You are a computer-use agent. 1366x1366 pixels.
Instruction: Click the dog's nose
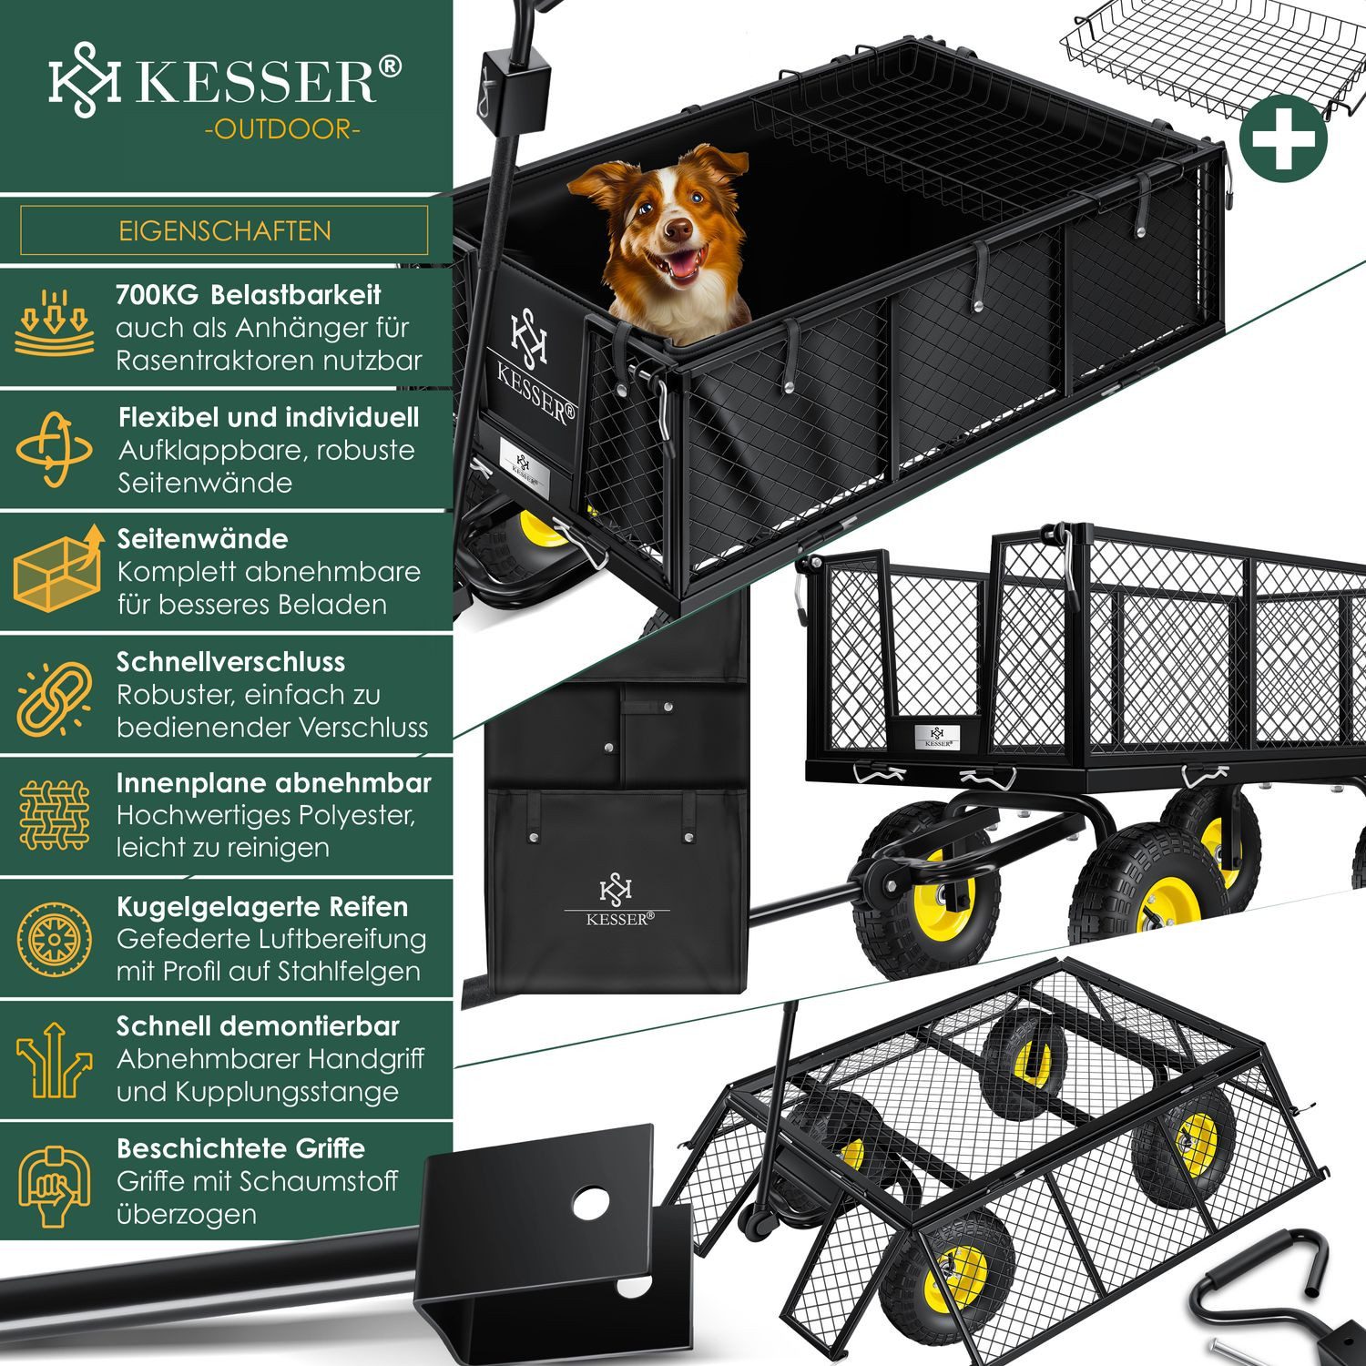coord(677,229)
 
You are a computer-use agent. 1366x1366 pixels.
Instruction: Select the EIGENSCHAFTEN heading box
coord(224,230)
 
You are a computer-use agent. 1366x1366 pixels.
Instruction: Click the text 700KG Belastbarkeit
coord(248,295)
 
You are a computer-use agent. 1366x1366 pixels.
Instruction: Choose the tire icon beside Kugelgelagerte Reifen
coord(55,938)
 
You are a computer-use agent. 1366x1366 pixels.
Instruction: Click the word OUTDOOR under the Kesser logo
coord(282,129)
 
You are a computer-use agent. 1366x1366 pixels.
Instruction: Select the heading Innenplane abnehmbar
coord(273,783)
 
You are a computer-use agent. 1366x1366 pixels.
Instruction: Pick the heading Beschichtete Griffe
coord(240,1148)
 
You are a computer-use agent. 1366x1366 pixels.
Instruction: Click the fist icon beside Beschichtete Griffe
coord(55,1181)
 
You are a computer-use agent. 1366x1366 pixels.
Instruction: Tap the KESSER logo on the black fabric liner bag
coord(617,902)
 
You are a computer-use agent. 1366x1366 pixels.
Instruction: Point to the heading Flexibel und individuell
coord(268,418)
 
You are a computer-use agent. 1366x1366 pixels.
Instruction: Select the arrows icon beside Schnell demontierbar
coord(55,1058)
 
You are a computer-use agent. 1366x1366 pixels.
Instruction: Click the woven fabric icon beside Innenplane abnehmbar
coord(55,815)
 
